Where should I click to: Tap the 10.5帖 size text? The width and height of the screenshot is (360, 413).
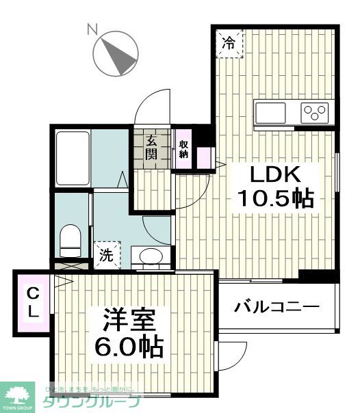[274, 199]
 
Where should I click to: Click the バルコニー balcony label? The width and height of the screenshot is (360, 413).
[277, 307]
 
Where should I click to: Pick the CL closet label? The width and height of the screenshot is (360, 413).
[33, 303]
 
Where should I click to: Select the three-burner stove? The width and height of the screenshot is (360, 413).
[316, 111]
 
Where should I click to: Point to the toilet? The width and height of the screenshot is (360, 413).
[70, 239]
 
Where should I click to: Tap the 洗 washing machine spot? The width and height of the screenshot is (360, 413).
[106, 255]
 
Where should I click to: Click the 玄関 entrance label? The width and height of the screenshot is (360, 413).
[151, 146]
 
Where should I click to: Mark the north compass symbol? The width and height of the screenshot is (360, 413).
[114, 55]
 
